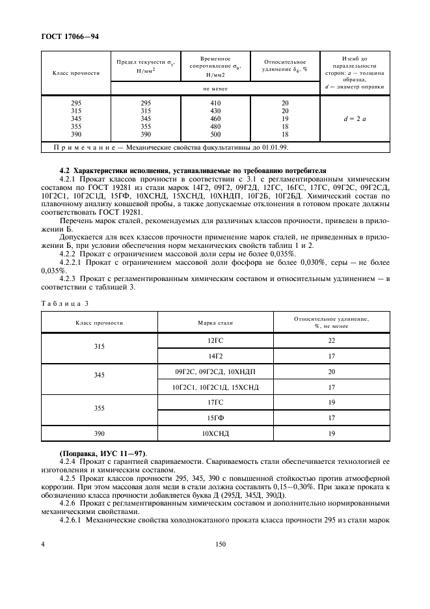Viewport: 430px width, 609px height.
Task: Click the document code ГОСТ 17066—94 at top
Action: tap(71, 36)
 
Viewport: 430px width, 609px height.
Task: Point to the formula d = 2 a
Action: tap(355, 118)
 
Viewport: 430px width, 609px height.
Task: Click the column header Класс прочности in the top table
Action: tap(75, 73)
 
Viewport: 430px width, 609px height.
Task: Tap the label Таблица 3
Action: tap(64, 303)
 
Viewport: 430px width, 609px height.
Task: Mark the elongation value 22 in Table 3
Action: tap(332, 340)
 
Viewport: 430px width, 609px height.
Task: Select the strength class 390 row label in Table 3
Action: tap(99, 433)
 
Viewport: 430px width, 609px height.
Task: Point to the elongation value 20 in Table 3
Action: tap(332, 371)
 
